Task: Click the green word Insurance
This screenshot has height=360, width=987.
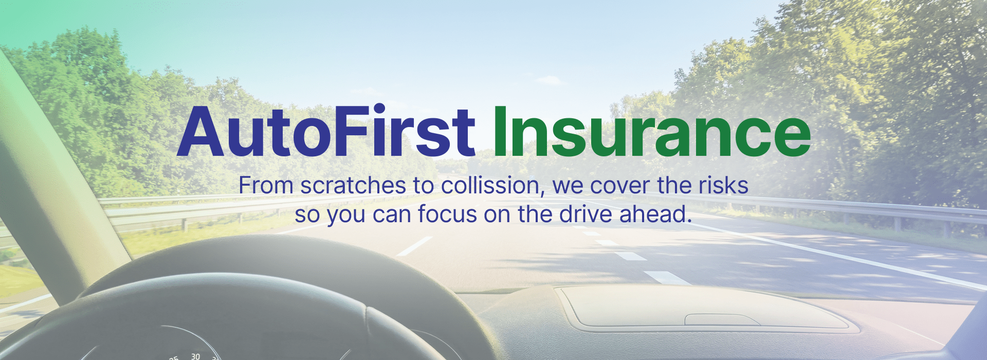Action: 652,132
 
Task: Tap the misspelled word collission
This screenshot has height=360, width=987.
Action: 492,186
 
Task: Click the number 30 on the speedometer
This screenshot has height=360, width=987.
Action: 195,356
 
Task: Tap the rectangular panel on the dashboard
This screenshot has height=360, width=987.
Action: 704,308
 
